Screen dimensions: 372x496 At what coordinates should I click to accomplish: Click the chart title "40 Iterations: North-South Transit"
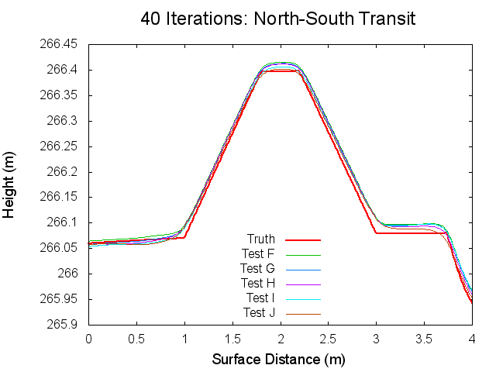(278, 19)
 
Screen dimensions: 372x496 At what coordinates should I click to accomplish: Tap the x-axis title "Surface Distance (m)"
(278, 360)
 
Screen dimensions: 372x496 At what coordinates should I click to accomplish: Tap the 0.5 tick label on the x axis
(136, 339)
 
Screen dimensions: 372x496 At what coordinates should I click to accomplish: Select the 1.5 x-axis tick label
(232, 339)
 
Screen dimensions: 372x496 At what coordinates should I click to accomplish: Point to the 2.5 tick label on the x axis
(329, 339)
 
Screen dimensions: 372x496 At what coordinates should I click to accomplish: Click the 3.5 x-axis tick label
(425, 339)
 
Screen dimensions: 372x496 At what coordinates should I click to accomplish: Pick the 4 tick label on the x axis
(473, 339)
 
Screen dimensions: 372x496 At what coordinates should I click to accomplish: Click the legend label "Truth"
(260, 239)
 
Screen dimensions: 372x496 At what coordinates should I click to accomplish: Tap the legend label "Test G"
(258, 268)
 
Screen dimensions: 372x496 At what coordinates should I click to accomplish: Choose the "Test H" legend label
(258, 283)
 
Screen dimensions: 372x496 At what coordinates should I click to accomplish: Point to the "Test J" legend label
(259, 313)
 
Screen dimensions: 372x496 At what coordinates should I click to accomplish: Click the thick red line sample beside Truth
(303, 239)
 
